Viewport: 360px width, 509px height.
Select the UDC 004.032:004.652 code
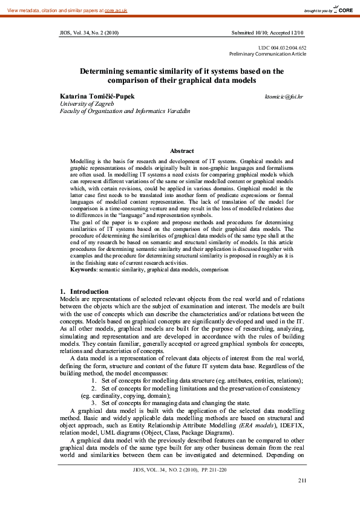click(282, 48)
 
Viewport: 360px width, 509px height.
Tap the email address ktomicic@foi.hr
click(284, 97)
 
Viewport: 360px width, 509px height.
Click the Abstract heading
click(182, 151)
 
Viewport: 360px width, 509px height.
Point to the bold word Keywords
click(83, 269)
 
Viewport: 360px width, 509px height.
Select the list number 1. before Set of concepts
click(94, 381)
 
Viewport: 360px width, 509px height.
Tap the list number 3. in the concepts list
click(94, 403)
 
